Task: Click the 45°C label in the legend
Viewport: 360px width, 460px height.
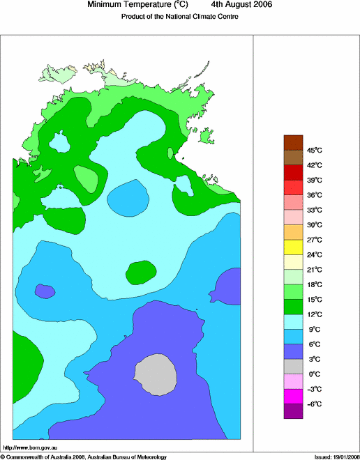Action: click(315, 150)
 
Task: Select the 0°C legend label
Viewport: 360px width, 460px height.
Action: click(315, 374)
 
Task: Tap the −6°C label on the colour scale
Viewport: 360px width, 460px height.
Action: click(315, 404)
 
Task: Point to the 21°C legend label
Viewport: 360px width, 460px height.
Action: click(315, 270)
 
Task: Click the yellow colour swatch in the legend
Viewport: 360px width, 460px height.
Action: click(293, 247)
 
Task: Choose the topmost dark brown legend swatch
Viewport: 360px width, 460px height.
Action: click(293, 141)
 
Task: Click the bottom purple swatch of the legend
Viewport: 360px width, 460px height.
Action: click(293, 411)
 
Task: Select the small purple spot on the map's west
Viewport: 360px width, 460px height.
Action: click(45, 291)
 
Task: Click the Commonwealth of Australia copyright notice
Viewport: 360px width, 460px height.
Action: click(84, 457)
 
